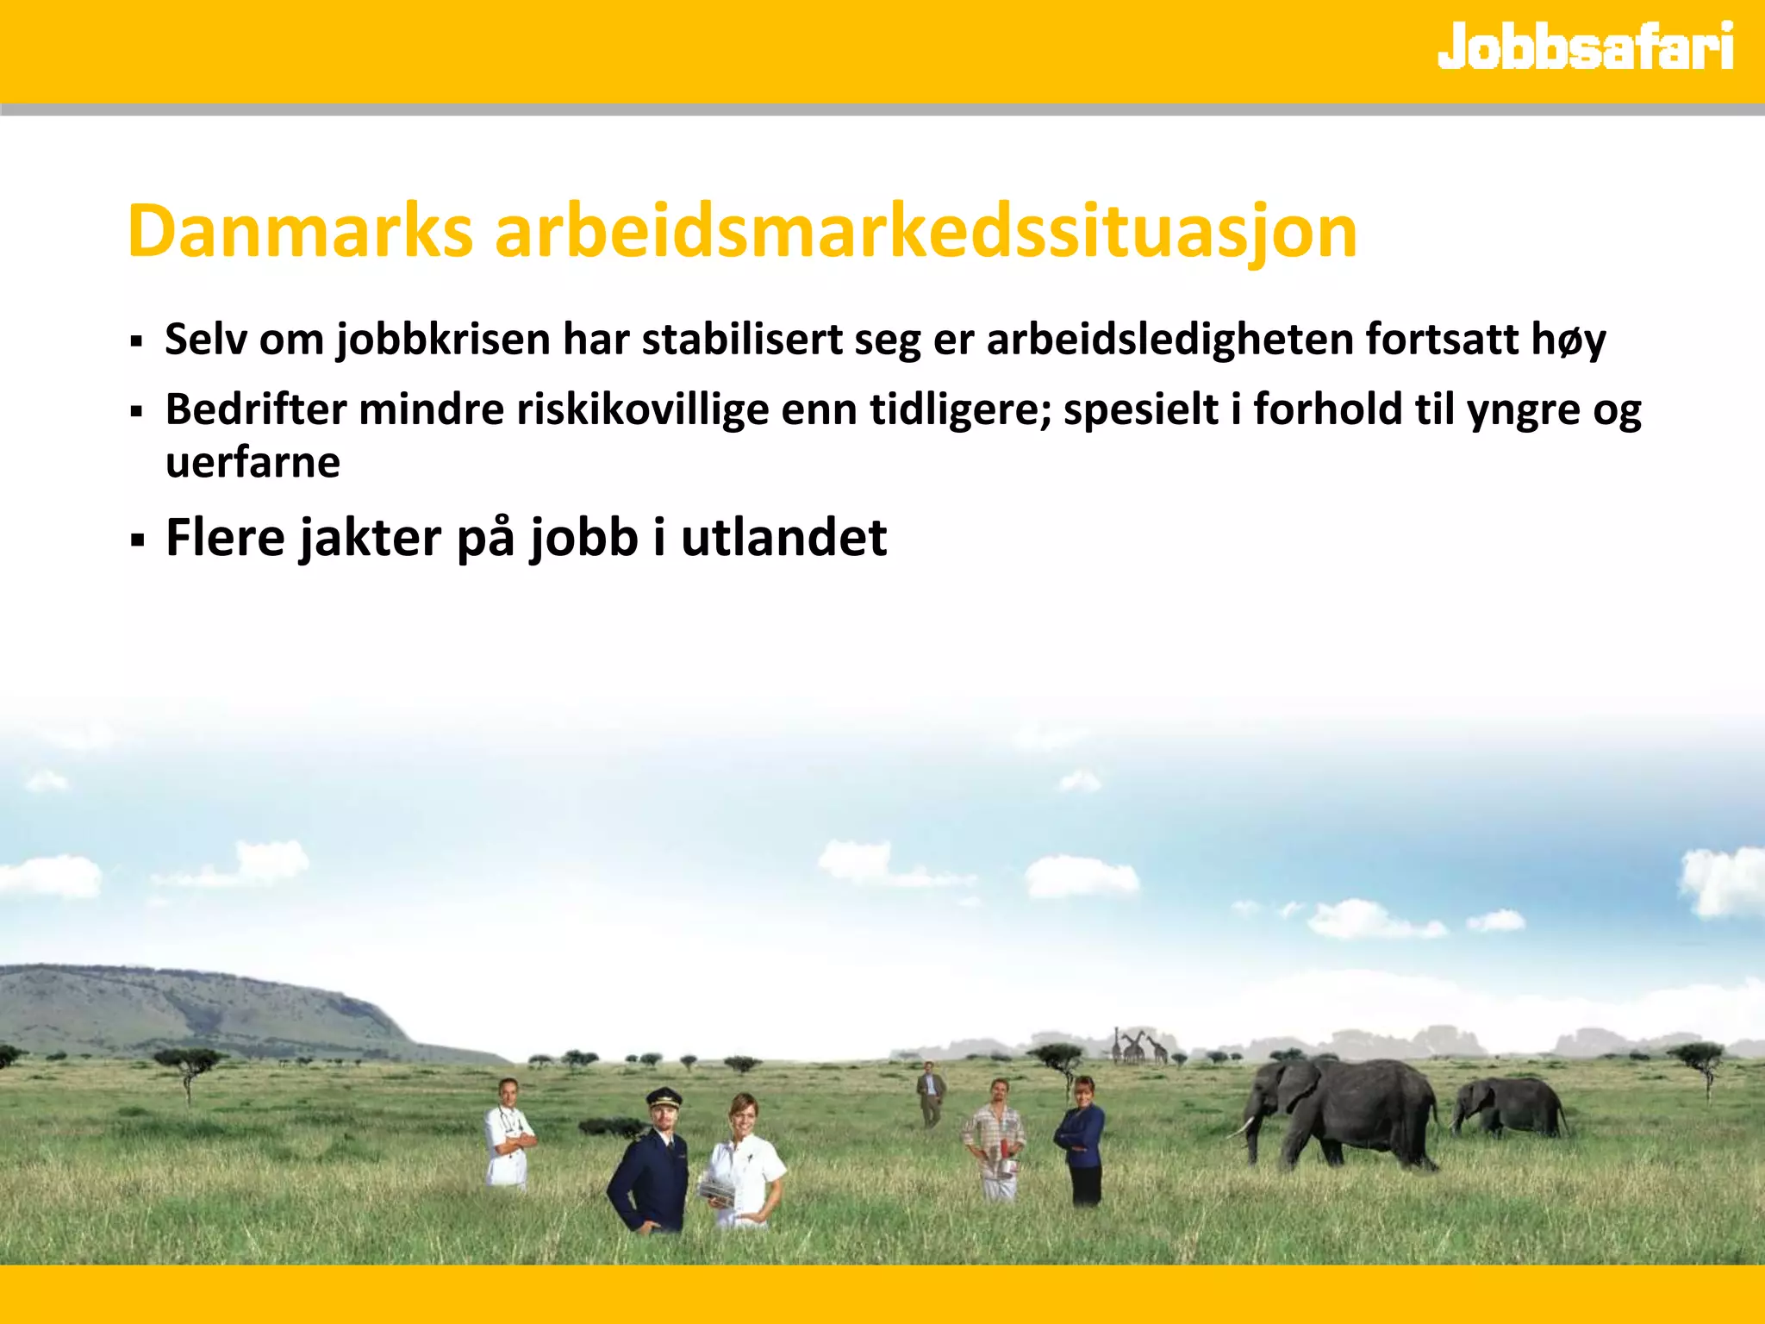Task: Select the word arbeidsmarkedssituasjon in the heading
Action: [926, 233]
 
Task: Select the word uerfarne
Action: [253, 463]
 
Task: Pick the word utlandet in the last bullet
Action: [783, 538]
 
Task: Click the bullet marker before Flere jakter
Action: [136, 541]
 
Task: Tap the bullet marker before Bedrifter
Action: [136, 412]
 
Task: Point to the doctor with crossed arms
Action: [508, 1134]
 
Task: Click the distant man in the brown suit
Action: [930, 1093]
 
